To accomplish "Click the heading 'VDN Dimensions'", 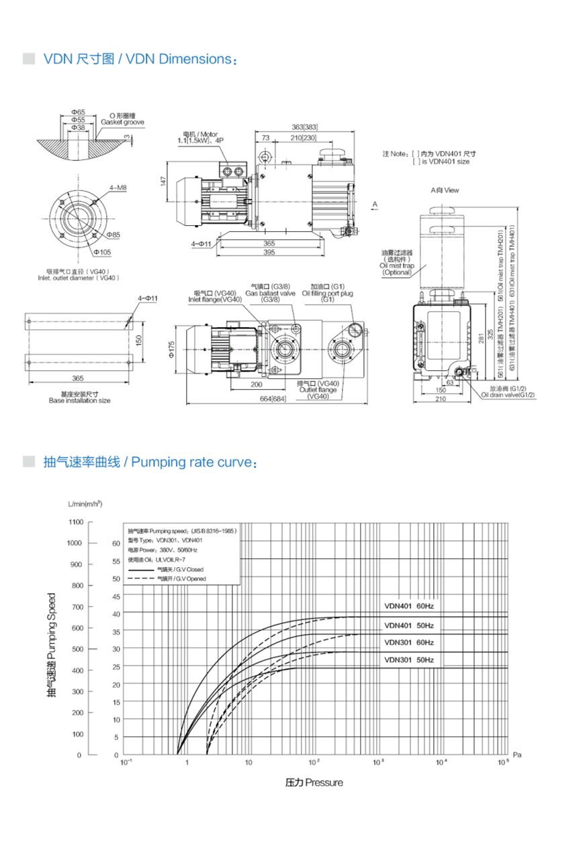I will (140, 59).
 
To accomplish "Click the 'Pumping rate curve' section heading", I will (149, 463).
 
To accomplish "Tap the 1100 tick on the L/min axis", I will (75, 522).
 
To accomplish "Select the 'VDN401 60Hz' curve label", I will (409, 607).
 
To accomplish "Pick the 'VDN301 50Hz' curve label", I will (409, 660).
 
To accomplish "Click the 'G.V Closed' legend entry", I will (181, 569).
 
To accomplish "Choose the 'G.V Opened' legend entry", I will (181, 579).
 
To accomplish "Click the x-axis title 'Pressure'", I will (314, 783).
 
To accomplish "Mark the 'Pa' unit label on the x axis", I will (517, 755).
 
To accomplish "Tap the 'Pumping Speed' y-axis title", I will (51, 644).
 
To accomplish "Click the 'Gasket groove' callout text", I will (122, 123).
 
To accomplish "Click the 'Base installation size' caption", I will (79, 400).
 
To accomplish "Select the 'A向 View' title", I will (445, 191).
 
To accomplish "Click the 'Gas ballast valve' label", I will (270, 293).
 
